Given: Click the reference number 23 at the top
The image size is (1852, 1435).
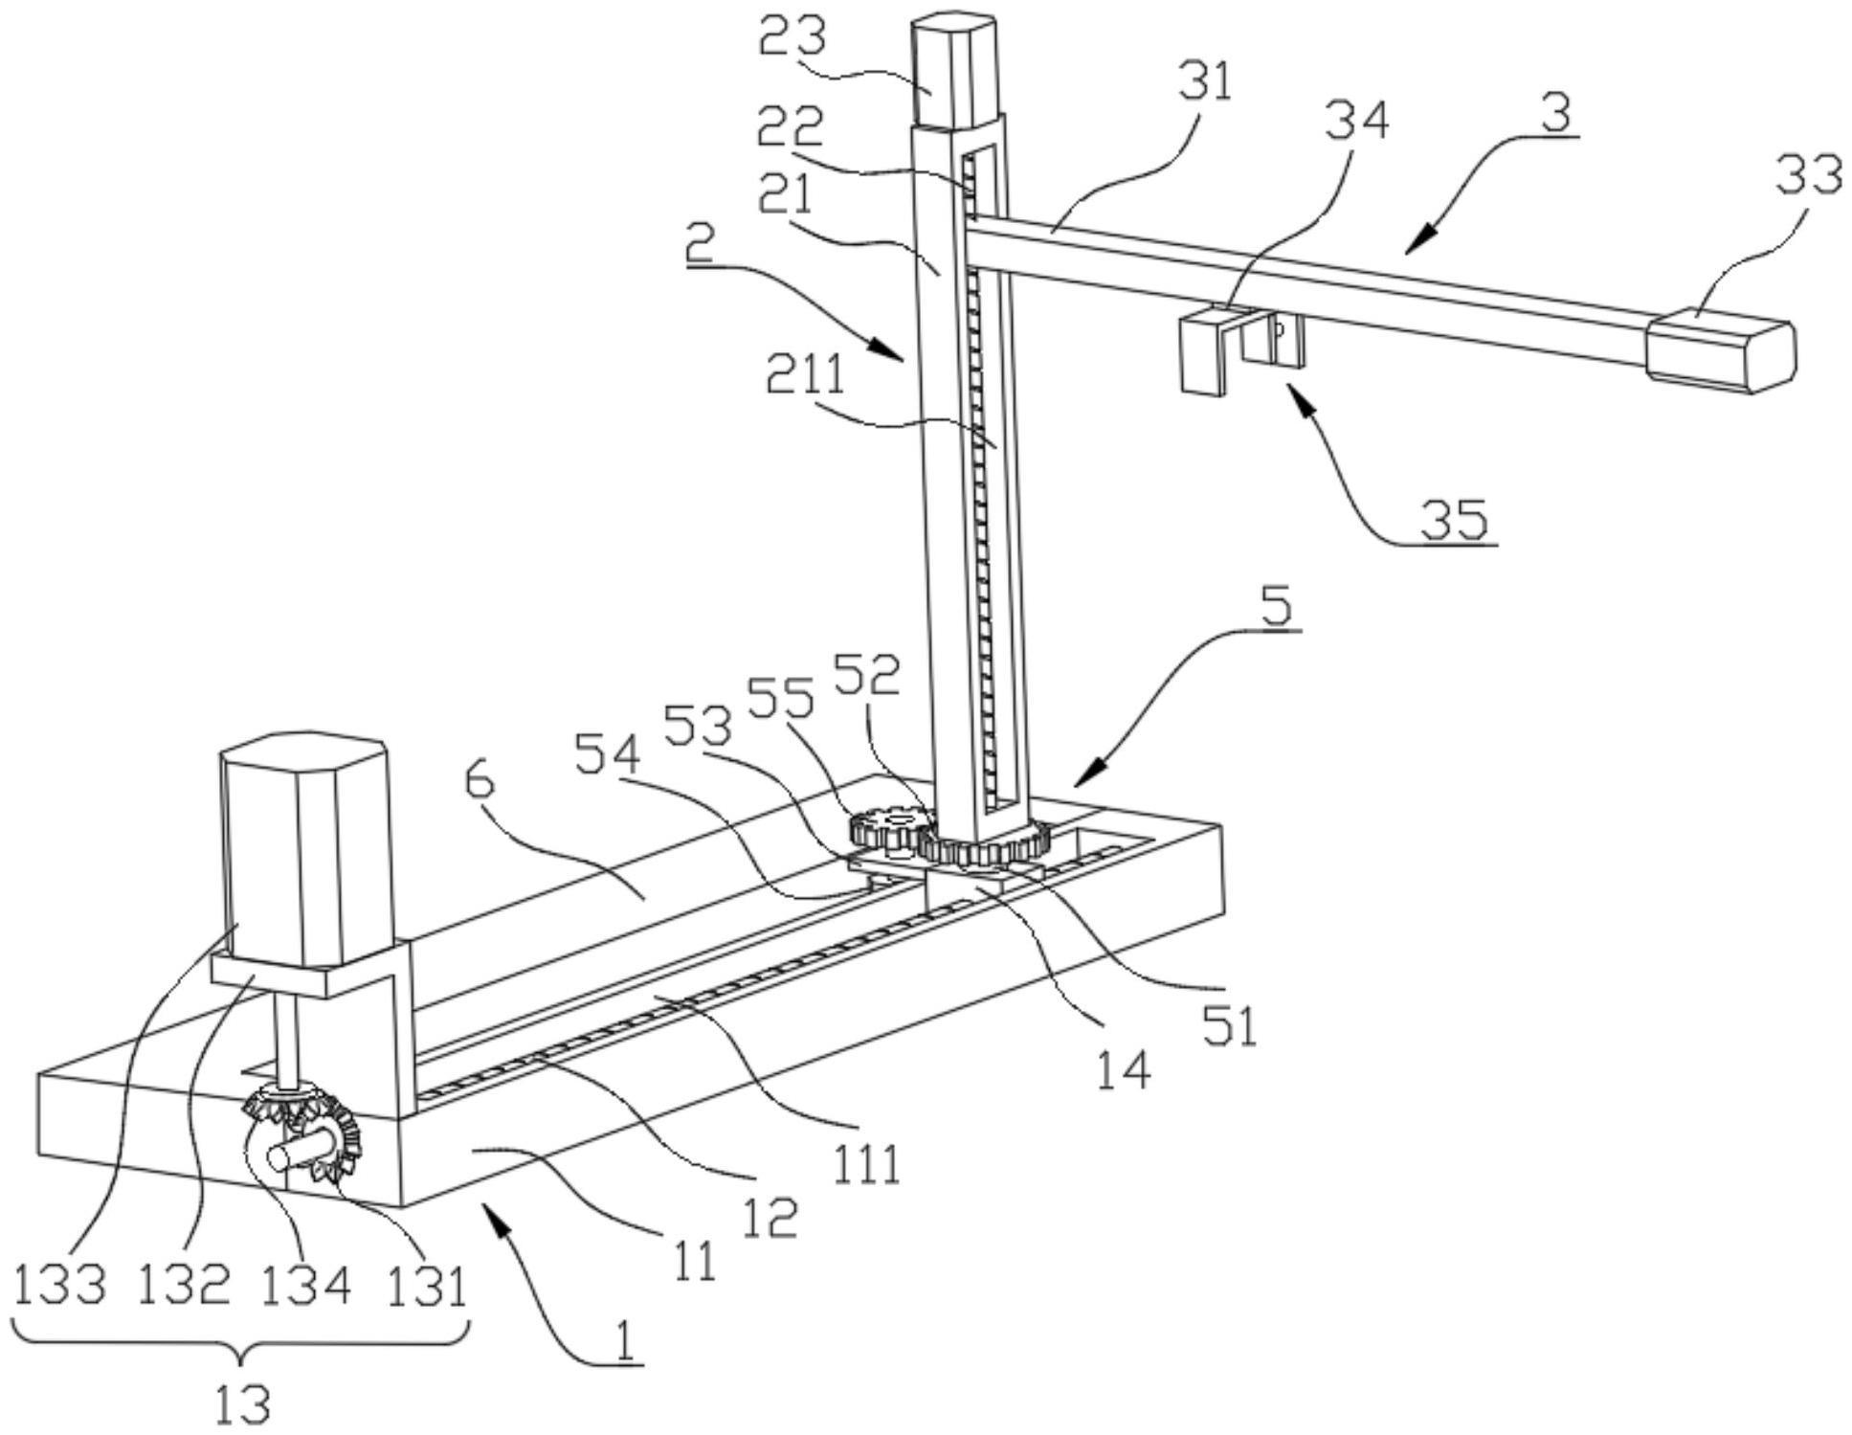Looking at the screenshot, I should click(x=792, y=37).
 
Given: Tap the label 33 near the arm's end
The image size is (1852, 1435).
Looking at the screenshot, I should click(x=1808, y=175).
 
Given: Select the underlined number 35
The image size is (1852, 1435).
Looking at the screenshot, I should click(x=1454, y=520).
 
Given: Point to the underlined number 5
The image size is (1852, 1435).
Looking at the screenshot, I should click(x=1277, y=607).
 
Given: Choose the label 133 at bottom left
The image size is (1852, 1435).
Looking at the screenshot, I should click(x=59, y=1284).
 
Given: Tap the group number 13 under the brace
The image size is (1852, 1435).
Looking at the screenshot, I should click(x=241, y=1404).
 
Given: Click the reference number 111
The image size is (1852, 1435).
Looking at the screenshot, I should click(x=866, y=1164).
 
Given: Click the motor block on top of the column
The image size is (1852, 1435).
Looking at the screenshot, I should click(x=953, y=72).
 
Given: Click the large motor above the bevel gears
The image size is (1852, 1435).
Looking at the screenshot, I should click(x=305, y=852).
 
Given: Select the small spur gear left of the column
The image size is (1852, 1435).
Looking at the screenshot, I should click(x=889, y=826).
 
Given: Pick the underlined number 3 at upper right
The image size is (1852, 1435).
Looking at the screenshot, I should click(x=1555, y=113).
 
